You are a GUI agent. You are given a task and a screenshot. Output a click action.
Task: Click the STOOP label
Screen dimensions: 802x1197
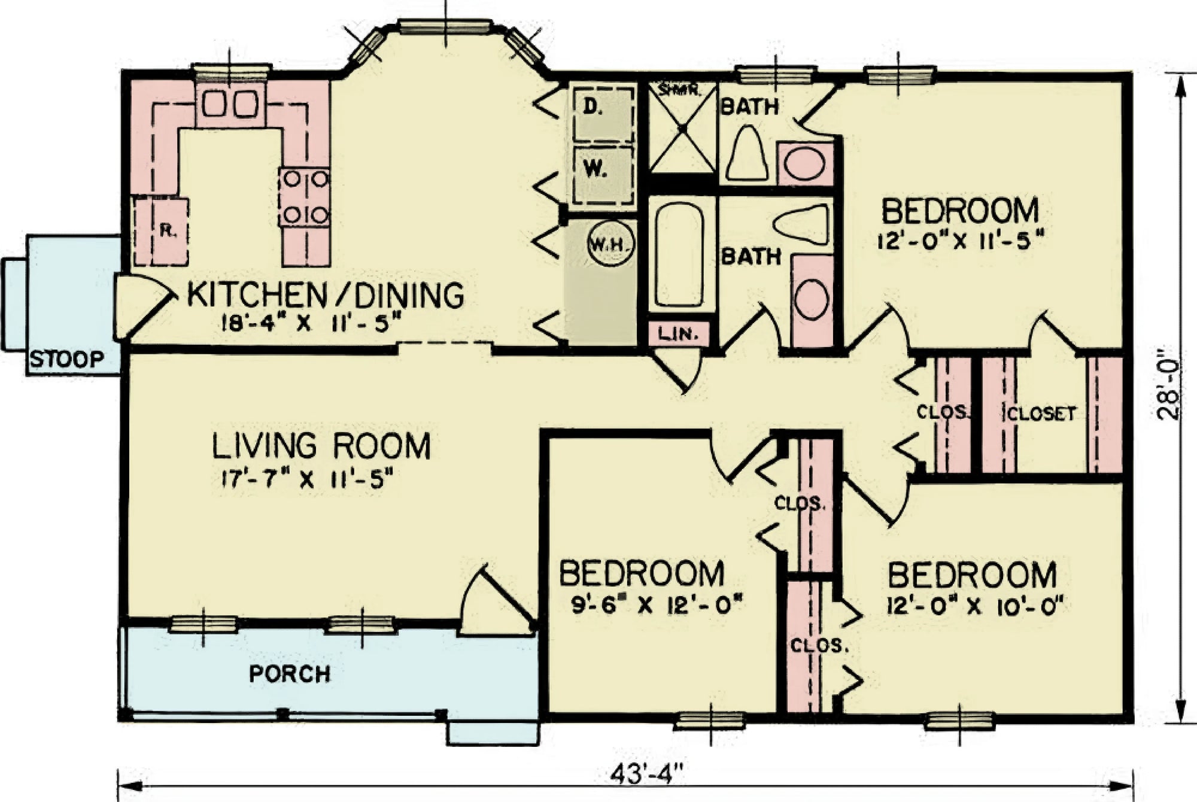[x=67, y=360]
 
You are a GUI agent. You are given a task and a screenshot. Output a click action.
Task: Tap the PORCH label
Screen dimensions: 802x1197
[x=290, y=674]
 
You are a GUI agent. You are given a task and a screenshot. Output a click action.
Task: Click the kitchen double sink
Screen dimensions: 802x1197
[x=230, y=104]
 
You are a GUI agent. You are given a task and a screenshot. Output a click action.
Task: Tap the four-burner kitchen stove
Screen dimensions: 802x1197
[x=304, y=196]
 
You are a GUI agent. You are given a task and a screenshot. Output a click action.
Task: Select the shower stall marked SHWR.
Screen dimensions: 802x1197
[x=682, y=127]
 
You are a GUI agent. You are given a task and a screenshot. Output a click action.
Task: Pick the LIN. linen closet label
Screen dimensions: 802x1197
[x=679, y=334]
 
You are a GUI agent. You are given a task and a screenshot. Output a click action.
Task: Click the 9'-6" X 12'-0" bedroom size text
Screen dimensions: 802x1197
[x=657, y=605]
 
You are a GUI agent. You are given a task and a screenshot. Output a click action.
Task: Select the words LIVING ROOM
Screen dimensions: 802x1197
[x=321, y=446]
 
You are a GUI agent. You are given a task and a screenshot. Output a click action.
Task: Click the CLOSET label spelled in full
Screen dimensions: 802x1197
[x=1041, y=414]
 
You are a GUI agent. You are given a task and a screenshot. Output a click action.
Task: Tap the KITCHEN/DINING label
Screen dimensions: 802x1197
[x=326, y=294]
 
